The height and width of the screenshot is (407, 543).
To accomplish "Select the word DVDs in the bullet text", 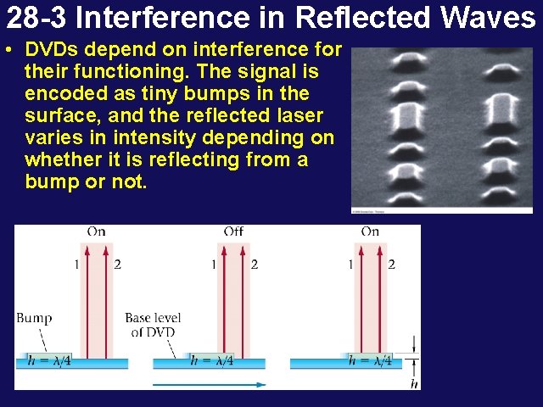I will (x=53, y=49).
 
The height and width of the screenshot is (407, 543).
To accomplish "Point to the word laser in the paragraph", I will (x=299, y=115).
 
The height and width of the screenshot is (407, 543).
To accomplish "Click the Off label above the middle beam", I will (x=233, y=231).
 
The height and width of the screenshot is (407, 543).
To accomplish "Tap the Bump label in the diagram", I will (x=34, y=318).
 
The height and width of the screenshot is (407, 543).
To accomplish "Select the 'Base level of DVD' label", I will (x=153, y=325).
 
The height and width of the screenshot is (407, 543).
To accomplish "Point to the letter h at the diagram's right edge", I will (x=414, y=383).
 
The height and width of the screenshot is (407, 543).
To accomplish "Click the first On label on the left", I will (x=96, y=231).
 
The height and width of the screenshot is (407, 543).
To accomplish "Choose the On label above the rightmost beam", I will (x=370, y=231).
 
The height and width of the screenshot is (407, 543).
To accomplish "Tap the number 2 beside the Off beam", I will (x=254, y=265).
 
